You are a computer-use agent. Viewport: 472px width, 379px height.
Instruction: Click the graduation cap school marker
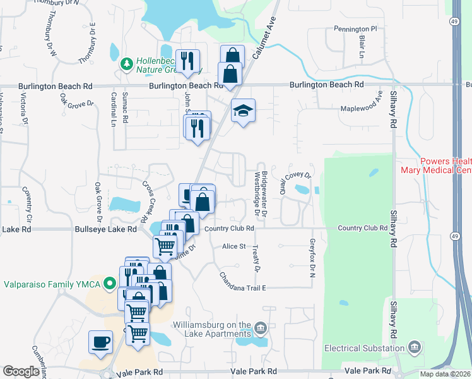tap(243, 111)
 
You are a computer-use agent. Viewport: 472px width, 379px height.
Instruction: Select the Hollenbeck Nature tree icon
tap(127, 64)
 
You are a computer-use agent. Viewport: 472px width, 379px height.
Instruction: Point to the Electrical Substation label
tap(364, 348)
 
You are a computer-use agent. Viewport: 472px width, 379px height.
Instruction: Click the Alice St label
tap(233, 246)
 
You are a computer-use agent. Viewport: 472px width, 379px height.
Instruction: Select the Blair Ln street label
tap(362, 47)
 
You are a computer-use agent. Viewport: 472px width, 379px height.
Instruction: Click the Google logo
tap(21, 371)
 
